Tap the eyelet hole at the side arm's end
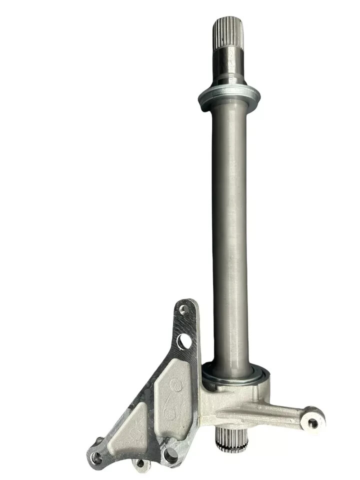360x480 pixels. click(313, 422)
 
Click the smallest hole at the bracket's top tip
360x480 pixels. click(183, 310)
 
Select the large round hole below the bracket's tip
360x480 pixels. click(184, 341)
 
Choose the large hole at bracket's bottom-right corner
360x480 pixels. click(171, 454)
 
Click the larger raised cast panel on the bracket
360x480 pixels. click(172, 395)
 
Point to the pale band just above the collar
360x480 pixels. click(229, 86)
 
